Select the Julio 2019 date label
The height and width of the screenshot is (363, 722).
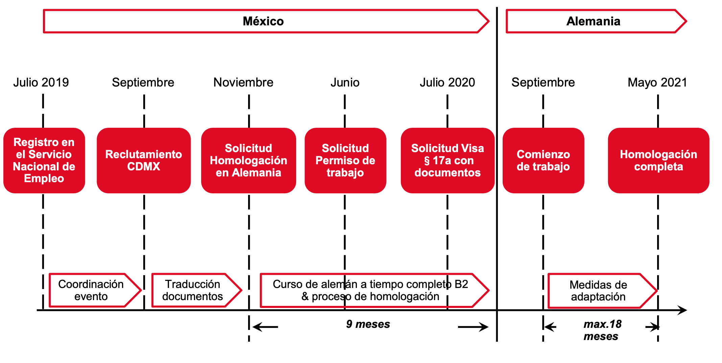tap(41, 82)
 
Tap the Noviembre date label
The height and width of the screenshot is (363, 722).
tap(243, 82)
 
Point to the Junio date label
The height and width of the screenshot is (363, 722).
tap(345, 82)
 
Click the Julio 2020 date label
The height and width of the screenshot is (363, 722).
tap(447, 82)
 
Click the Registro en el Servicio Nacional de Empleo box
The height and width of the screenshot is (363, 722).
tap(44, 161)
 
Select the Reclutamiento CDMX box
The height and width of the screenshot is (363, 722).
tap(144, 161)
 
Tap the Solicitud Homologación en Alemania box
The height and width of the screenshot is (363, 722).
tap(248, 161)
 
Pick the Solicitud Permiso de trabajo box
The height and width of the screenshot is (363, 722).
tap(345, 161)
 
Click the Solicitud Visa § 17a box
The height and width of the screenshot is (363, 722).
tap(448, 161)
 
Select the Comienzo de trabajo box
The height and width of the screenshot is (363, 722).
tap(544, 161)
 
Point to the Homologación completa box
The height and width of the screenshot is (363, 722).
tap(658, 161)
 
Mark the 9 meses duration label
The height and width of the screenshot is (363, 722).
tap(368, 324)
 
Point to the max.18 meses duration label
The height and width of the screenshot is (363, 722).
tap(602, 330)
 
